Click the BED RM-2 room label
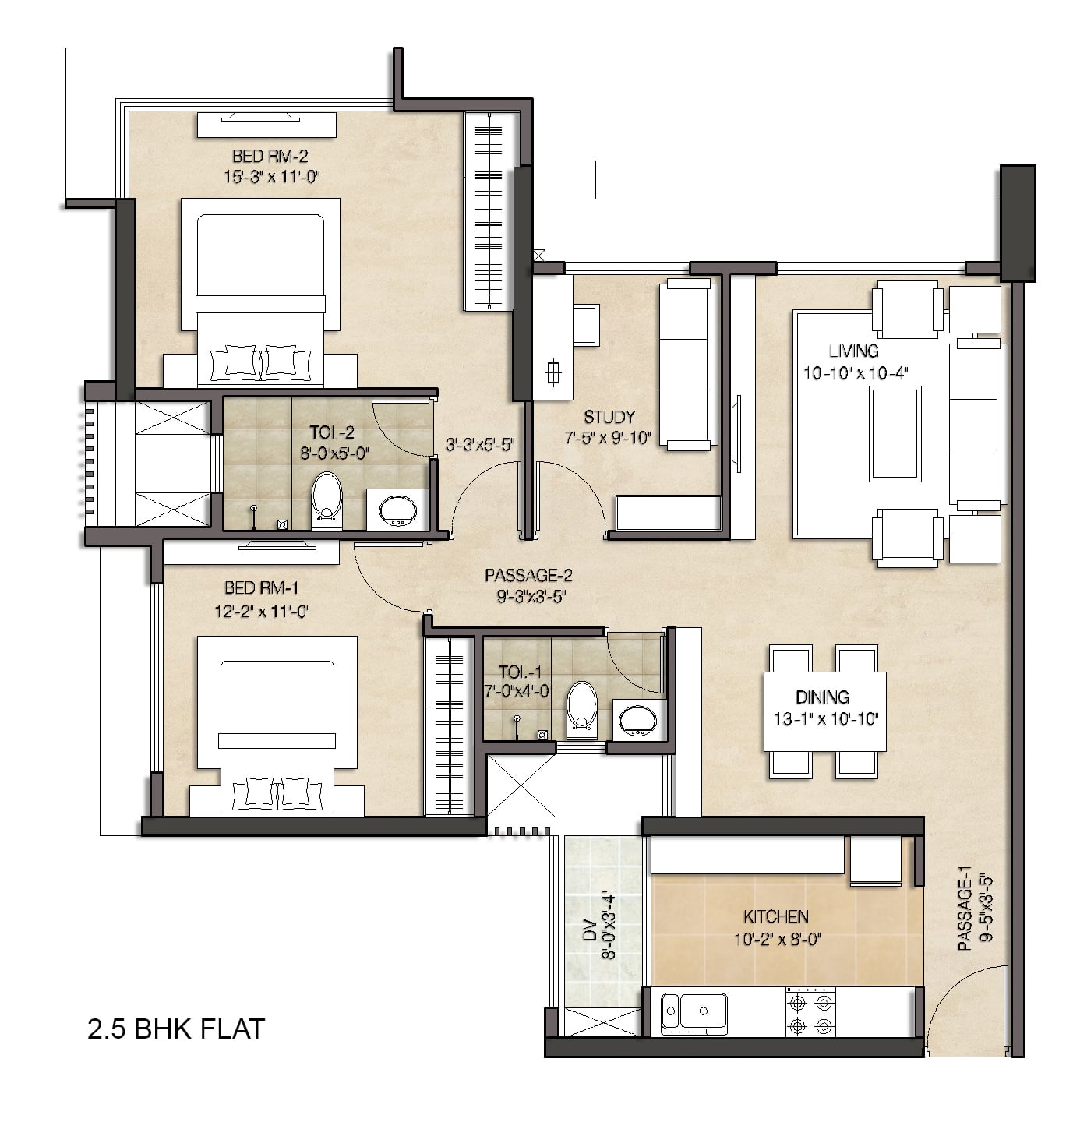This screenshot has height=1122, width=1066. pyautogui.click(x=270, y=156)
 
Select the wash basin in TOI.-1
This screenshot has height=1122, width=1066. pyautogui.click(x=639, y=721)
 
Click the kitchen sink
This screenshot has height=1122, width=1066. pyautogui.click(x=694, y=1012)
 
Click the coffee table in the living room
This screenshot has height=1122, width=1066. pyautogui.click(x=895, y=434)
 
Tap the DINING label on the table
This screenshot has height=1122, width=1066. pyautogui.click(x=822, y=697)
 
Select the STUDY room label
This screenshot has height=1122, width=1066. pyautogui.click(x=609, y=417)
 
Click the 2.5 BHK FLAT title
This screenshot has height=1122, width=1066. pyautogui.click(x=176, y=1029)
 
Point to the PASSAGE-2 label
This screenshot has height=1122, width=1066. pyautogui.click(x=528, y=575)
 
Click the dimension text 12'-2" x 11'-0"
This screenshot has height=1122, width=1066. pyautogui.click(x=261, y=611)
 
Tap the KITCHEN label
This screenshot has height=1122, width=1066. pyautogui.click(x=775, y=916)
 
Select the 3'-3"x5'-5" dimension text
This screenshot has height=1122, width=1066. pyautogui.click(x=480, y=444)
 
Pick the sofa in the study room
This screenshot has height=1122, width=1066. pyautogui.click(x=689, y=364)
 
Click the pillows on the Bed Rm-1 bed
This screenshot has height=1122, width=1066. pyautogui.click(x=277, y=792)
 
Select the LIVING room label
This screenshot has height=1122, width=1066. pyautogui.click(x=853, y=351)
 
